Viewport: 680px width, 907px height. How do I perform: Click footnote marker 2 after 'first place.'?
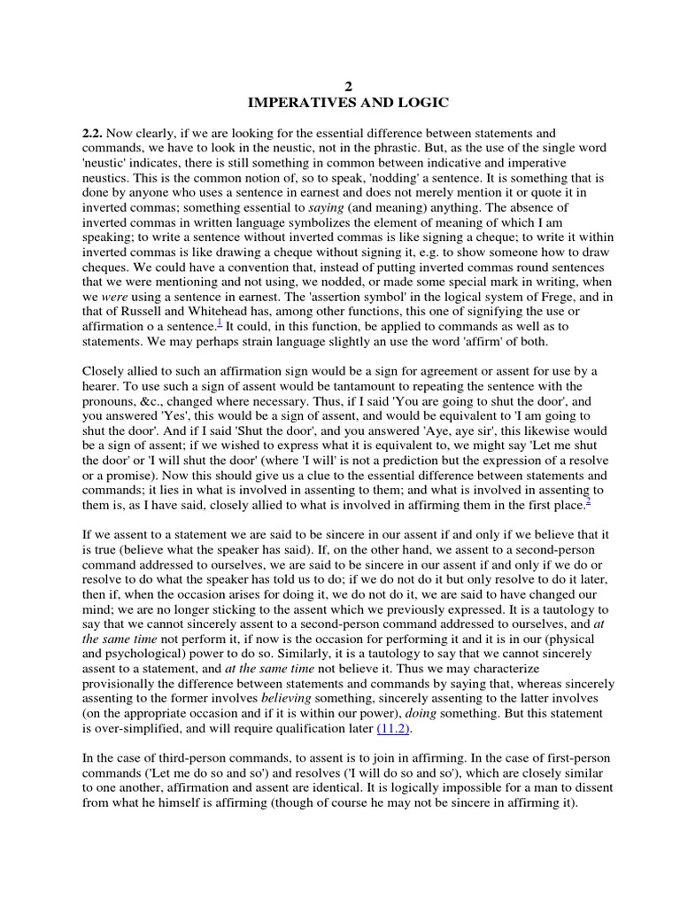pyautogui.click(x=587, y=501)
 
